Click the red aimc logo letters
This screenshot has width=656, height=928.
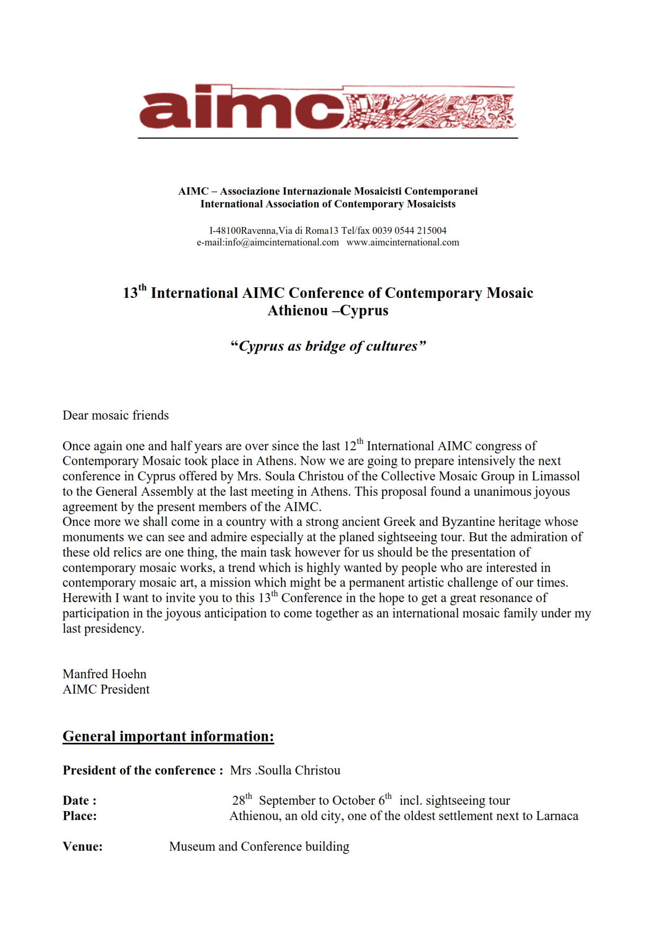click(241, 108)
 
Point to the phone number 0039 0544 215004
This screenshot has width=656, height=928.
click(409, 231)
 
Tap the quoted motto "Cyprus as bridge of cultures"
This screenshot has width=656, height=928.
click(328, 346)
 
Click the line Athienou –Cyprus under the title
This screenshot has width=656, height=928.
click(328, 311)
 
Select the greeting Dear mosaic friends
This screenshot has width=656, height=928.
click(115, 415)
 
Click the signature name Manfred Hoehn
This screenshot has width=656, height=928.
click(104, 674)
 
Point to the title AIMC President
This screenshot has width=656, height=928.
click(106, 689)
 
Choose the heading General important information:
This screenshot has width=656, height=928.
click(168, 736)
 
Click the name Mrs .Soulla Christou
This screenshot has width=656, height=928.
click(285, 770)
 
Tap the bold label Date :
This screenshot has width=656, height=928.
click(79, 800)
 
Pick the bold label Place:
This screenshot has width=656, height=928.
click(79, 816)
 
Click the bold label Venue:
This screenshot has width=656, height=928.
click(83, 847)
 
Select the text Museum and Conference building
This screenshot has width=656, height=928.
click(259, 847)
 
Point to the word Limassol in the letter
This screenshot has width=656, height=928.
click(556, 476)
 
